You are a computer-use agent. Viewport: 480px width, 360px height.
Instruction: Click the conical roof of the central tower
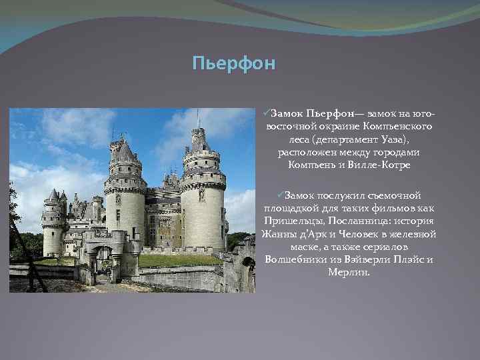pyautogui.click(x=125, y=153)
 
